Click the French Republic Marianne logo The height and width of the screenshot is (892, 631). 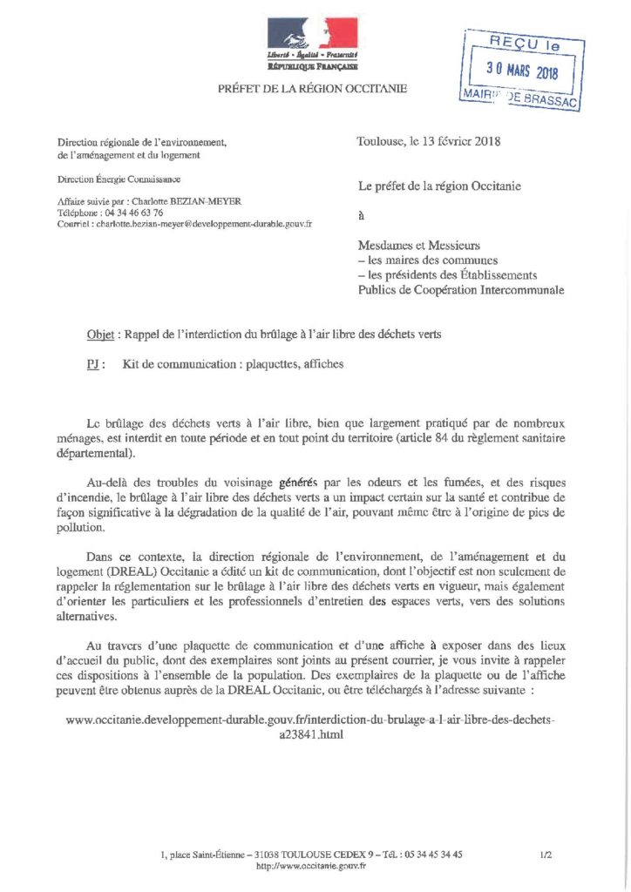pos(313,36)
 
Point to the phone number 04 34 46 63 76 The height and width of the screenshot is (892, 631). pos(126,213)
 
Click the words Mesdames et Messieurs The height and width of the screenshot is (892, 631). pos(419,246)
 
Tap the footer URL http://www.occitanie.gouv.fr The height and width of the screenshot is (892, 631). pos(311,866)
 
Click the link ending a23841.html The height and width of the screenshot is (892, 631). pos(309,733)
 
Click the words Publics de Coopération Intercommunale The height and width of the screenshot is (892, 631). pos(461,290)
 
